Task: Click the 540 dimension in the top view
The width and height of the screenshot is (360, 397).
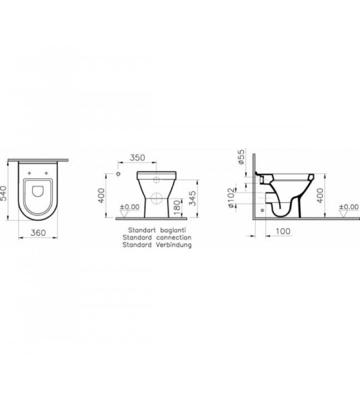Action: click(3, 193)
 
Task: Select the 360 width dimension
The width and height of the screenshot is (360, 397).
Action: click(38, 232)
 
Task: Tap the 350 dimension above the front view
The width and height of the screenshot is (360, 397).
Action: click(137, 158)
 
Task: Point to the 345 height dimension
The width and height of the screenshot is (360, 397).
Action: click(193, 198)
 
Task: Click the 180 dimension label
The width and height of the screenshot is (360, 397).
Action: click(178, 205)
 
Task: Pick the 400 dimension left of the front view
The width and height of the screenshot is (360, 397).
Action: click(101, 195)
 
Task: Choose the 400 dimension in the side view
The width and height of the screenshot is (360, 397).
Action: click(320, 195)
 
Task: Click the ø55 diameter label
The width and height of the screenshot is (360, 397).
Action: click(241, 157)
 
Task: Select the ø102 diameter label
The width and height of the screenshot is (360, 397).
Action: click(231, 197)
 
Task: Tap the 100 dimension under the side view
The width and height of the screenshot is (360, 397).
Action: click(283, 231)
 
